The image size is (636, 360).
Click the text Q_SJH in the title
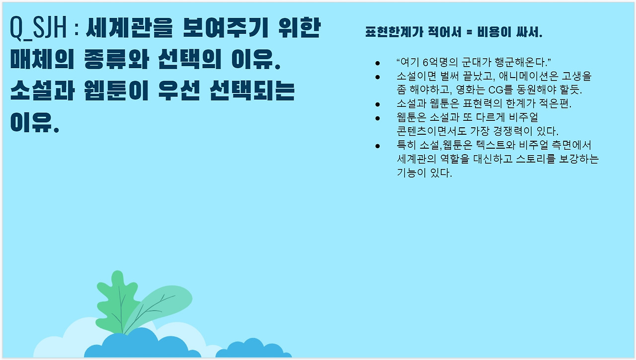tap(38, 28)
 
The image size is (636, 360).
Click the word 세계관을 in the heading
tap(129, 27)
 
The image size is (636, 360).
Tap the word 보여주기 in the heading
tap(226, 27)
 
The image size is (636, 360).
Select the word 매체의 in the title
tap(42, 59)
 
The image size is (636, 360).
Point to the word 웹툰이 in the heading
tap(116, 90)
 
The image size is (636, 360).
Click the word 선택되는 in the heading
tap(252, 90)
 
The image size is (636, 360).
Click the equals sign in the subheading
tap(470, 32)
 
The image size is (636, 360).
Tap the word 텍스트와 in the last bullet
tap(495, 145)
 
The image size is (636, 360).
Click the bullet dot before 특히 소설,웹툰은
tap(377, 146)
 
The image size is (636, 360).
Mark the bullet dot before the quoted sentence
tap(377, 63)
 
